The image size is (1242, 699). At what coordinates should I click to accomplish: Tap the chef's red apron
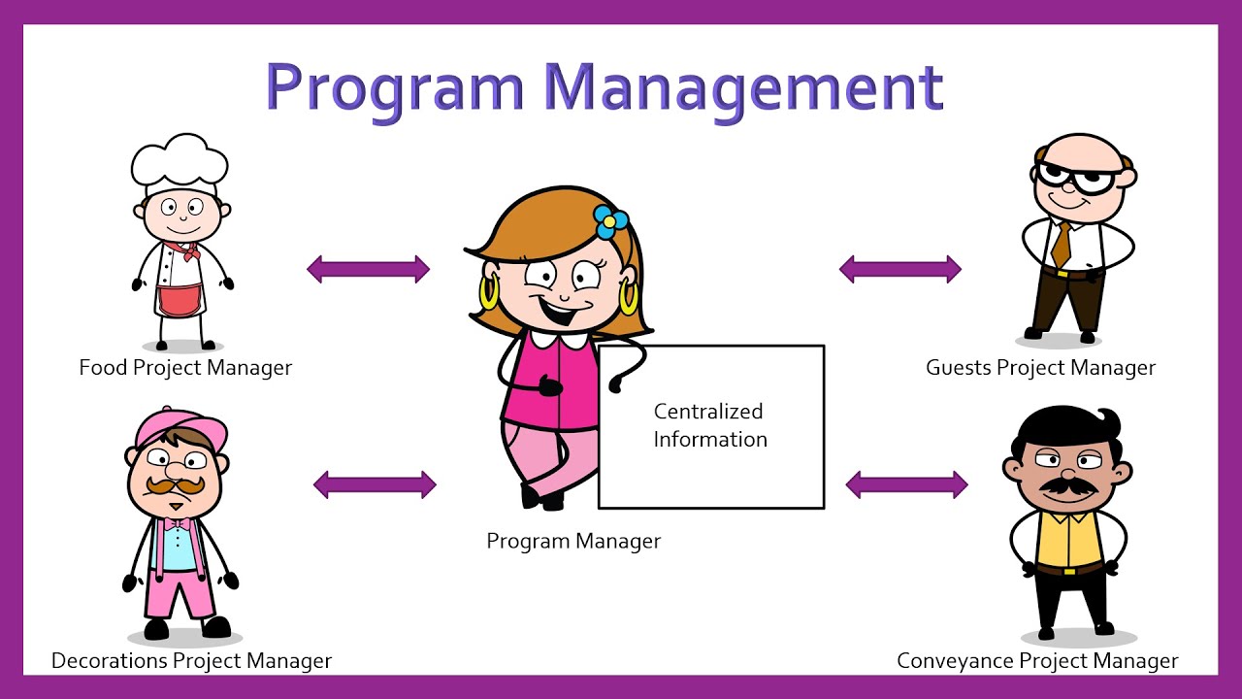179,298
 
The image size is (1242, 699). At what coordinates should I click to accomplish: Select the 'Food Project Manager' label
185,368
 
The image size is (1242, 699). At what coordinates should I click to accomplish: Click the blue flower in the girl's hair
610,221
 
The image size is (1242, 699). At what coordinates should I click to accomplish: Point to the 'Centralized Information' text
710,425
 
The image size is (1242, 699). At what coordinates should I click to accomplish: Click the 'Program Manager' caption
573,542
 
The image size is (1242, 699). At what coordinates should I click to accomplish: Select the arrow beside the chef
369,269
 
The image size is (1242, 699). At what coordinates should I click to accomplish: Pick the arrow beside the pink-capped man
375,484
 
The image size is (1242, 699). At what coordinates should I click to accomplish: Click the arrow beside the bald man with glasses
900,269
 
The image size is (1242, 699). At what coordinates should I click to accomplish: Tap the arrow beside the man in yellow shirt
907,484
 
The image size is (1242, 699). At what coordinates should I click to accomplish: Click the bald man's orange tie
1062,244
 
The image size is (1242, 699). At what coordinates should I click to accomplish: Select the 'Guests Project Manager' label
1040,368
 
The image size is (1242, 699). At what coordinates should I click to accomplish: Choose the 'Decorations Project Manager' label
191,661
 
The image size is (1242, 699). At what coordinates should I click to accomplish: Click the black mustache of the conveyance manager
1068,484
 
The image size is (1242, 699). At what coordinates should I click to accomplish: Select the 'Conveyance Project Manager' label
1037,661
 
